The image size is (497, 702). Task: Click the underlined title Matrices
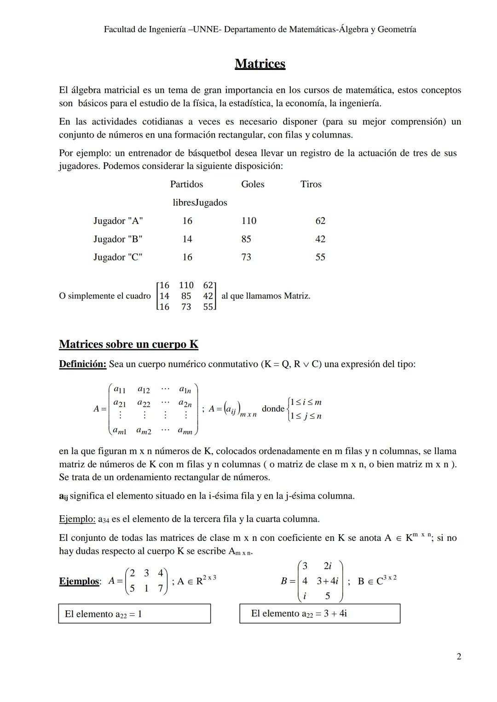[260, 63]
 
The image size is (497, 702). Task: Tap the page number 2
[458, 656]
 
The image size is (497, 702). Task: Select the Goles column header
[253, 184]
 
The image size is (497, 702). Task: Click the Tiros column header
[311, 184]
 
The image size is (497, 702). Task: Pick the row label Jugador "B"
[118, 239]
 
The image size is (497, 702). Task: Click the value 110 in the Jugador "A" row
[248, 221]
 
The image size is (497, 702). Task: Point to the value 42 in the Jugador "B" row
[320, 239]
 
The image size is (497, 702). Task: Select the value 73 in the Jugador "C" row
[246, 257]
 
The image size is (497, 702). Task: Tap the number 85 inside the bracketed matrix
[186, 296]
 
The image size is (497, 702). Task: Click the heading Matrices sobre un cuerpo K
[128, 344]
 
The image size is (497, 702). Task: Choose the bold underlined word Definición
[83, 364]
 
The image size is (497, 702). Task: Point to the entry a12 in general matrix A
[144, 390]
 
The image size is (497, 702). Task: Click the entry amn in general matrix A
[185, 431]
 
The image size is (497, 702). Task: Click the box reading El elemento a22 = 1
[134, 614]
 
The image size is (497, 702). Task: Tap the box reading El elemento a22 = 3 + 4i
[320, 613]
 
